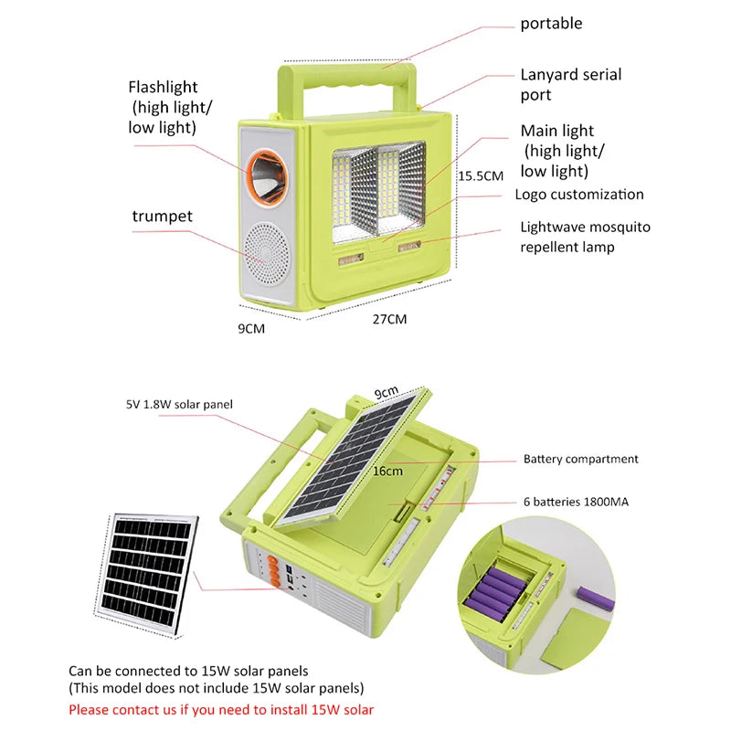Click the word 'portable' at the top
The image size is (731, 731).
tap(551, 24)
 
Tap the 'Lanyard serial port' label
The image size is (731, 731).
tap(570, 84)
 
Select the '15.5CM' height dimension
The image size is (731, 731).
tap(480, 175)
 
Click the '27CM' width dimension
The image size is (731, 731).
tap(388, 319)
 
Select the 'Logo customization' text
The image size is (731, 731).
tap(579, 194)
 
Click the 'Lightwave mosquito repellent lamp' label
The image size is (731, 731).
tap(585, 236)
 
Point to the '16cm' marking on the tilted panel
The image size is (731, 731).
tap(387, 471)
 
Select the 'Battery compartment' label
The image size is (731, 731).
tap(580, 459)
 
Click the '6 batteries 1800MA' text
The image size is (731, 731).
tap(575, 502)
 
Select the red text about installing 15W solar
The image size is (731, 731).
tap(221, 709)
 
